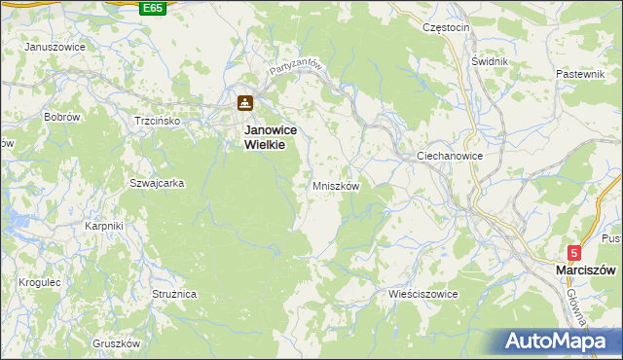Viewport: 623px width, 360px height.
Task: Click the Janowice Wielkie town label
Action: [270, 136]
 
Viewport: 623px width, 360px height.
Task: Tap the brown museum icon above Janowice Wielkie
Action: [246, 103]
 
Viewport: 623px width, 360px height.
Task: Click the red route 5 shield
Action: [575, 252]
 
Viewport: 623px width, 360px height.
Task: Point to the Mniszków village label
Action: [337, 185]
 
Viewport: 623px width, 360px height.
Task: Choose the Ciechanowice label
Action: [450, 156]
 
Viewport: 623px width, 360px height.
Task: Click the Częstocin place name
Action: [447, 27]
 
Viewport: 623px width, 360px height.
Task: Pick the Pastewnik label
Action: [581, 74]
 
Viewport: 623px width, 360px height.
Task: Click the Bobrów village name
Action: [61, 117]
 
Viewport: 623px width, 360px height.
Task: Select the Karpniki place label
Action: [103, 226]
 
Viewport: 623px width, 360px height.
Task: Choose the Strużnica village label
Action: [175, 293]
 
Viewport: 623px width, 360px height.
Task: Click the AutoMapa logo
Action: [559, 342]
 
